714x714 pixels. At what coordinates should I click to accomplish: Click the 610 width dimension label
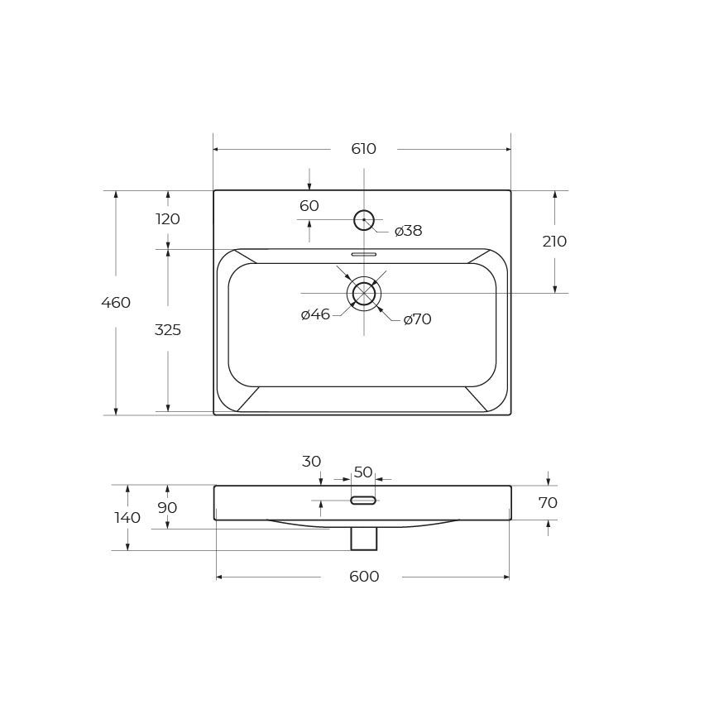point(363,149)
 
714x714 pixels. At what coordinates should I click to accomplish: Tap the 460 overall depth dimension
point(116,302)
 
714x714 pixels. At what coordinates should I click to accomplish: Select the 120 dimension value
point(168,219)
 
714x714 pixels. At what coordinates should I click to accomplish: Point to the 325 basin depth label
point(168,329)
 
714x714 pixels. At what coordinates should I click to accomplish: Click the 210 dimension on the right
point(554,242)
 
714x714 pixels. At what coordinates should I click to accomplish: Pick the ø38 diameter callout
point(409,230)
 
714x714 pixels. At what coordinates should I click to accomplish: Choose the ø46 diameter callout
point(315,314)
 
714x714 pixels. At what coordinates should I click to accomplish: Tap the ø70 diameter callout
point(417,319)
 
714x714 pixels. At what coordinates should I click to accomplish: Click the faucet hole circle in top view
point(364,211)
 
